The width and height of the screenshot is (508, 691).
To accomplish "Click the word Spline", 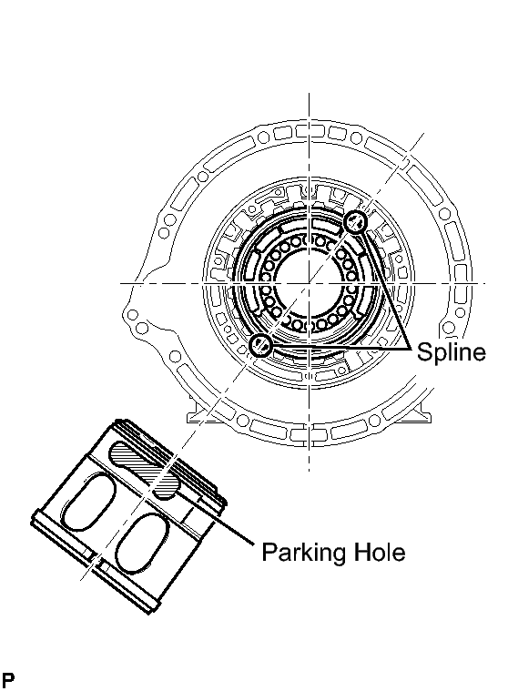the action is pyautogui.click(x=452, y=352).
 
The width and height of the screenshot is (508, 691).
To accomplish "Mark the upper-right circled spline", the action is pyautogui.click(x=355, y=221).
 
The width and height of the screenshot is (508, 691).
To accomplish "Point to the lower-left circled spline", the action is pyautogui.click(x=261, y=345).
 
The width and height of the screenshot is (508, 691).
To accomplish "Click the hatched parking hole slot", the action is pyautogui.click(x=145, y=471).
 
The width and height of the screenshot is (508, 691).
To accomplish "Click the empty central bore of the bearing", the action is pyautogui.click(x=309, y=282).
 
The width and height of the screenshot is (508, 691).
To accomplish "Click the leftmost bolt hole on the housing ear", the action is pyautogui.click(x=132, y=315).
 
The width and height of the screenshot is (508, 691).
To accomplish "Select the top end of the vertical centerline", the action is pyautogui.click(x=309, y=94).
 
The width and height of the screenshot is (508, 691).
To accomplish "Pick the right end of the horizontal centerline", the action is pyautogui.click(x=485, y=283).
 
